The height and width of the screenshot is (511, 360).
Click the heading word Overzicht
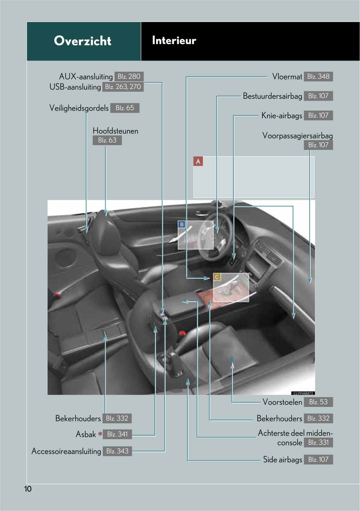coord(82,41)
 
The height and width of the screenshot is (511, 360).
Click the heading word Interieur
coord(174,40)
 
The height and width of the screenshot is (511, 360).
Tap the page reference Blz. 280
coord(129,76)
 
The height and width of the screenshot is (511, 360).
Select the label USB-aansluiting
coord(75,87)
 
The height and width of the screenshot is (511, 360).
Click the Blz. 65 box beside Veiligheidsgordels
coord(125,108)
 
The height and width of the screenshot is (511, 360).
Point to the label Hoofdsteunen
coord(115,131)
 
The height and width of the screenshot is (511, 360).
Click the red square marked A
coord(198,161)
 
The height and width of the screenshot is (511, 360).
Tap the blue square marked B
coord(182,225)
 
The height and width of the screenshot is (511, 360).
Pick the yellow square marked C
coord(217,277)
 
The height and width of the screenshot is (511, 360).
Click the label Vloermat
coord(287,77)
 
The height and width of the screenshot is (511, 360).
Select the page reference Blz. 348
coord(318,76)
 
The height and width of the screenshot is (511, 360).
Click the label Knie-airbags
coord(282,116)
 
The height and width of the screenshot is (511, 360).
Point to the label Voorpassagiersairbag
coord(297,136)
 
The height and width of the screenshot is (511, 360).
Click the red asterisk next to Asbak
coord(100,434)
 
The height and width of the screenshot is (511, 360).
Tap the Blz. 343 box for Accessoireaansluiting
coord(117,451)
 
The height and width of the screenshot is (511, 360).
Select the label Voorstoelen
coord(282,402)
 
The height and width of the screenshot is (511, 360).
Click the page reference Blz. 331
coord(318,442)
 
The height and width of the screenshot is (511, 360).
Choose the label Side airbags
coord(283,459)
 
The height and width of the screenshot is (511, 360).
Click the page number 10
coord(28,489)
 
